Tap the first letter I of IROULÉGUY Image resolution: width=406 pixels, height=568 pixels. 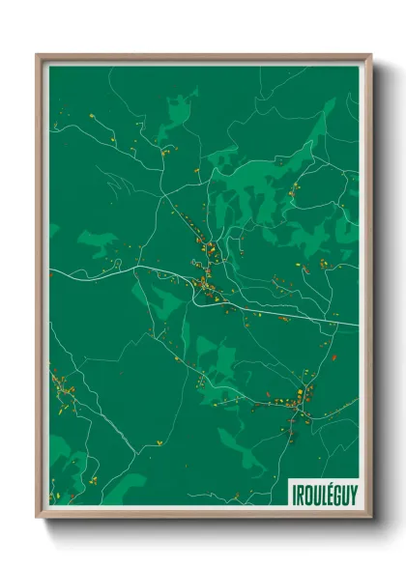click(x=294, y=493)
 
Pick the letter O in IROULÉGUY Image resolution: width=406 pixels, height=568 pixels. click(x=306, y=493)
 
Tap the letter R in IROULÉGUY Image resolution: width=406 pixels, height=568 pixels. click(x=300, y=493)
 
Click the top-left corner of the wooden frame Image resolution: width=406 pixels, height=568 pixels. click(x=38, y=55)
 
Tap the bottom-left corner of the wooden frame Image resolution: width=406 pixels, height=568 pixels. click(x=38, y=517)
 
